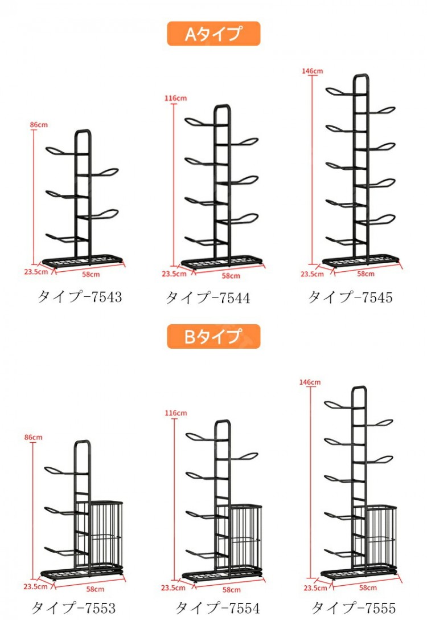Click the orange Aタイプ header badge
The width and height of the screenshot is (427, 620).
[213, 34]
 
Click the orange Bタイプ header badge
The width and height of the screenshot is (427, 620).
[213, 336]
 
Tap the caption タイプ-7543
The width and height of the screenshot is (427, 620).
[79, 296]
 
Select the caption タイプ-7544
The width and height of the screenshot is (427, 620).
[208, 297]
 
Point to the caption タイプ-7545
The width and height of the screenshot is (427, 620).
[350, 296]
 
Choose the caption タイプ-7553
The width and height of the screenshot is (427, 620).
[73, 607]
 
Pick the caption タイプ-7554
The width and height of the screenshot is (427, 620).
[217, 607]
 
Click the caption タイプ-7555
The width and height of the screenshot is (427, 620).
[353, 607]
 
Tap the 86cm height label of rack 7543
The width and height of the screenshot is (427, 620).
[39, 125]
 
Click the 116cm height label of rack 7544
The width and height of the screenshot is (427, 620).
[176, 97]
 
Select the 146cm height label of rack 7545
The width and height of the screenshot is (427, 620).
[313, 71]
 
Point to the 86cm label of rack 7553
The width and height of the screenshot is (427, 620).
[33, 437]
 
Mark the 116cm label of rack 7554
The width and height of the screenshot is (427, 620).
[176, 413]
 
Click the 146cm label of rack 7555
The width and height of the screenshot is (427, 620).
[310, 382]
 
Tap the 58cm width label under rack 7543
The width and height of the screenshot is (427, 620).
[91, 274]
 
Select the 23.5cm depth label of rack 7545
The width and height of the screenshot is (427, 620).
[312, 274]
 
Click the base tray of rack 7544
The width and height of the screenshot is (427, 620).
[221, 262]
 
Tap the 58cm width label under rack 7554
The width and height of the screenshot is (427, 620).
[232, 590]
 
